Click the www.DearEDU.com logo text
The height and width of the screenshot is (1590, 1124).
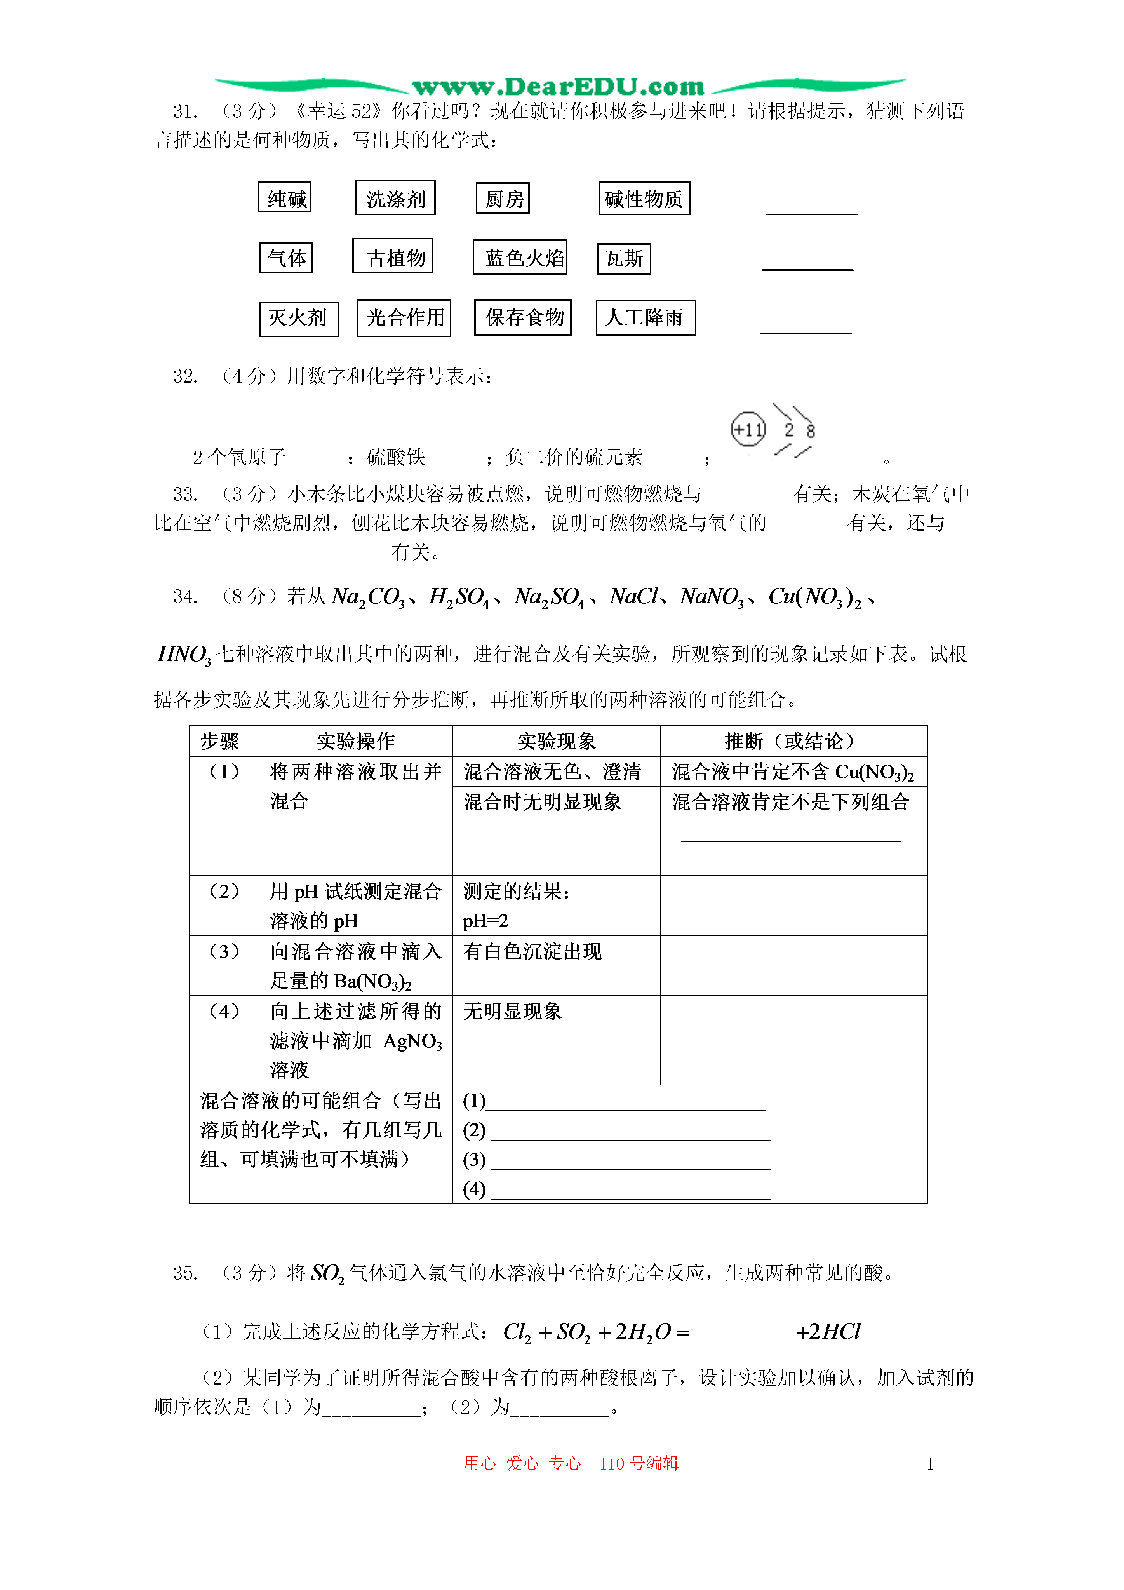[x=558, y=87]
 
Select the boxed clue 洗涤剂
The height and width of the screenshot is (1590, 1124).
[x=395, y=199]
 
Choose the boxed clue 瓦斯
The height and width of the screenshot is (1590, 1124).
[x=624, y=258]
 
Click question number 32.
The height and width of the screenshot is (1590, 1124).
[x=185, y=377]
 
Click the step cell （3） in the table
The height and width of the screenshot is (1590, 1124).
[x=224, y=951]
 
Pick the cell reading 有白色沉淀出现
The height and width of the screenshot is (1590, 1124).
[x=532, y=951]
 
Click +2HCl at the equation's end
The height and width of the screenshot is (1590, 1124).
[x=828, y=1331]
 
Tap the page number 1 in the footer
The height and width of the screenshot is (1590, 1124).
[x=929, y=1464]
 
